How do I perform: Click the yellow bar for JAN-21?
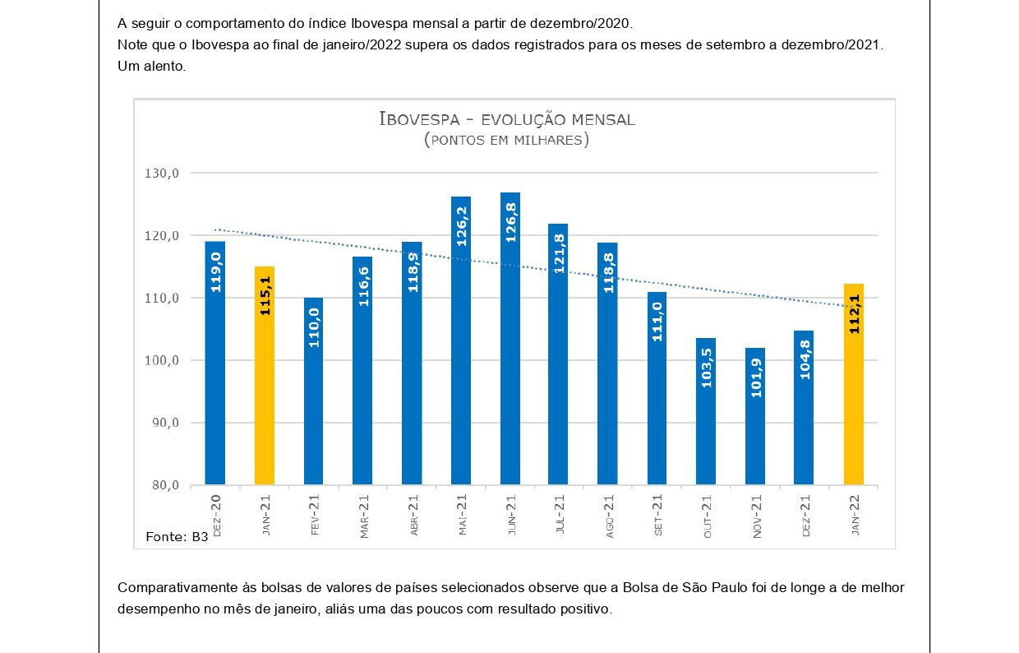click(265, 375)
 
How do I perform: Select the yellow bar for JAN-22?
click(854, 384)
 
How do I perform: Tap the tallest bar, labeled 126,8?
click(510, 338)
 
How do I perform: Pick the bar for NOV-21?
click(756, 416)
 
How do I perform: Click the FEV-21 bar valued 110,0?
click(314, 391)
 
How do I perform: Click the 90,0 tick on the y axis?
click(164, 423)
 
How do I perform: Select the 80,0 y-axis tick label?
click(164, 485)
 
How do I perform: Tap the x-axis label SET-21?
click(659, 516)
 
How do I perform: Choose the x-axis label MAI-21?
click(463, 516)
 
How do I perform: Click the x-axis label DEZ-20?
click(216, 516)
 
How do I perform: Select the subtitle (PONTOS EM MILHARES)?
click(507, 140)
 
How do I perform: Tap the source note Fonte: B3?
click(177, 537)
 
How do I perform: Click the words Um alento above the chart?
click(152, 67)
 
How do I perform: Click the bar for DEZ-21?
click(804, 408)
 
